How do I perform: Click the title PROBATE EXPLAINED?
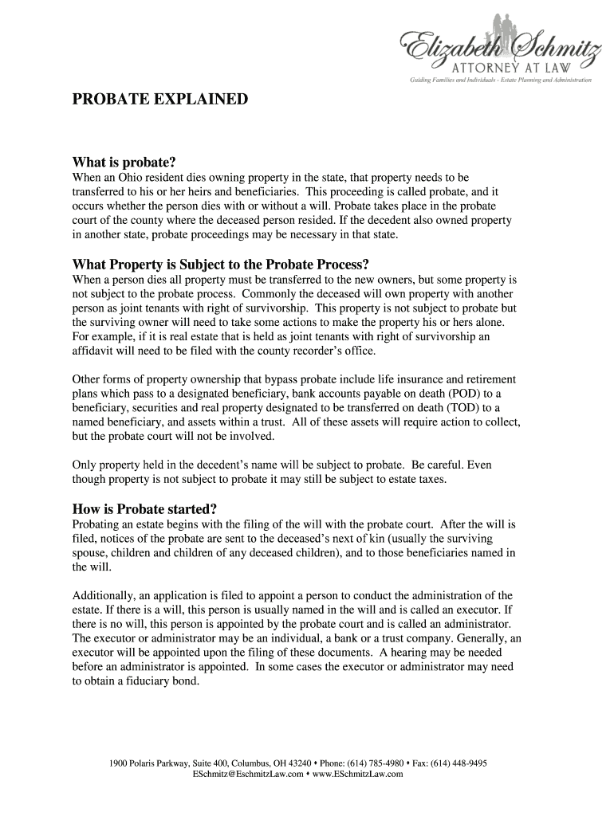160,100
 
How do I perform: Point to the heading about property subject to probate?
222,265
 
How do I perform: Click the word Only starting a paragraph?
85,465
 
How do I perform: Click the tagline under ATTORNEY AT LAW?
501,80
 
